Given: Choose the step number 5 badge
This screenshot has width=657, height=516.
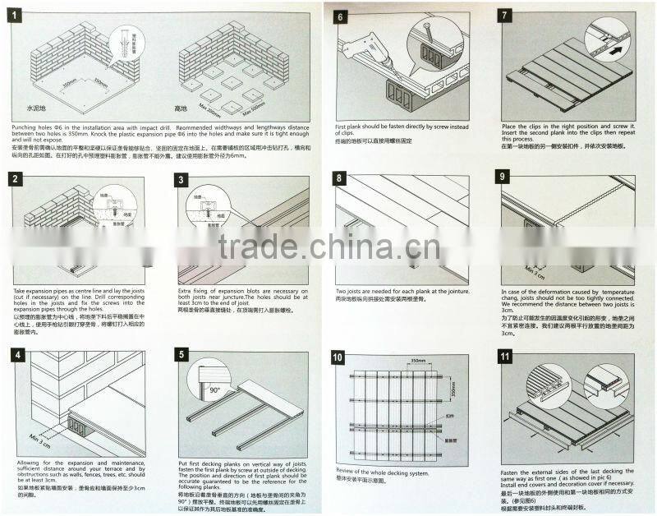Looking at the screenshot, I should [x=183, y=357].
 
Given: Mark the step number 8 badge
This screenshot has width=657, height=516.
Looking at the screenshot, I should [x=342, y=179].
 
